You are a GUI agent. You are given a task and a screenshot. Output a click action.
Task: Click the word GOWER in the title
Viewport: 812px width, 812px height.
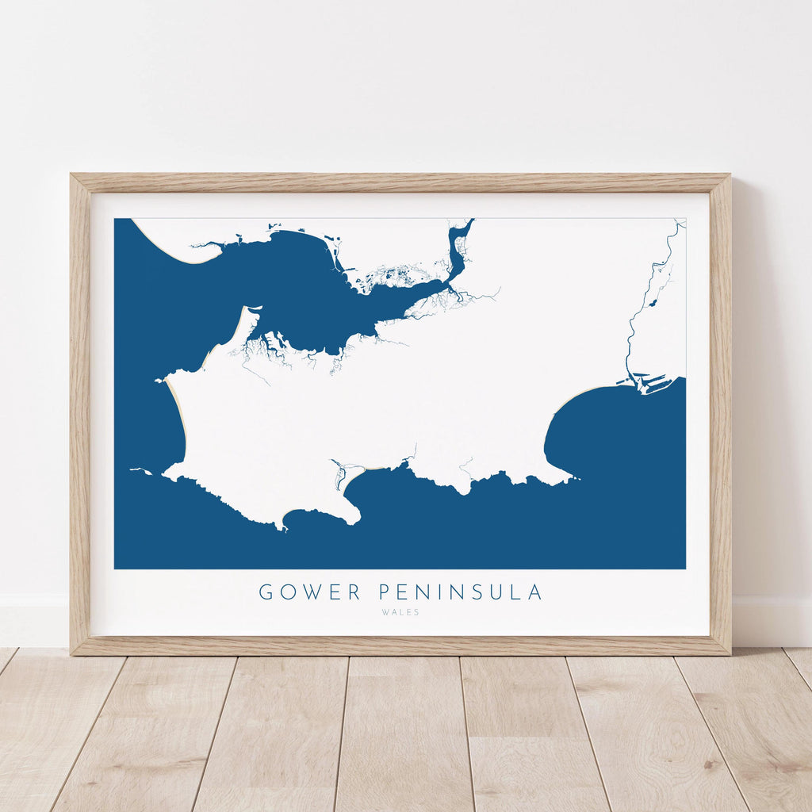pos(309,592)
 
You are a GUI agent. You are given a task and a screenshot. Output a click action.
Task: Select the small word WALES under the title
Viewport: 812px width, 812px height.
pos(400,612)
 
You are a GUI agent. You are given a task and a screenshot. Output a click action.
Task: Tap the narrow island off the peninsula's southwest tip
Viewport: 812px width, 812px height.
pos(140,471)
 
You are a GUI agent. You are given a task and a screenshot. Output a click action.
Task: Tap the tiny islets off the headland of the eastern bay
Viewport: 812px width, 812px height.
pos(574,477)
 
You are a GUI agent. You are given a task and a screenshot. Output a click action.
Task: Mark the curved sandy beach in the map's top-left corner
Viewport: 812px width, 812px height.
pos(170,251)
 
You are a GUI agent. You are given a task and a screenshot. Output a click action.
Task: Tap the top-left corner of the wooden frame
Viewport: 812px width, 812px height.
pos(72,175)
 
